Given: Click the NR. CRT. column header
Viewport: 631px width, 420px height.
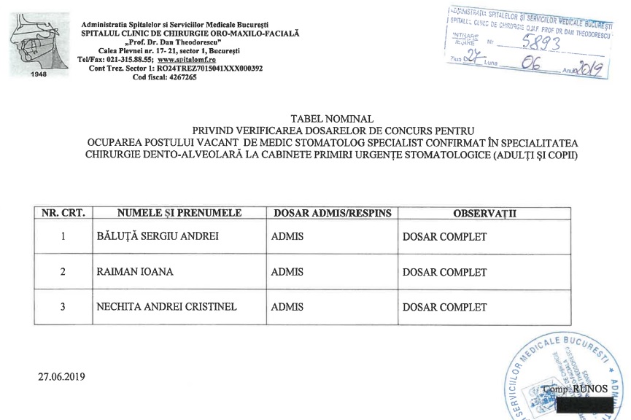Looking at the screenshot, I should click(x=63, y=213).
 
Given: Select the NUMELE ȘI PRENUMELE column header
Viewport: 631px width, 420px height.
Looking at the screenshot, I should click(x=179, y=213).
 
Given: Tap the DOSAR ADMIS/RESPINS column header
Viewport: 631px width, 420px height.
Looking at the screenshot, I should click(x=332, y=213).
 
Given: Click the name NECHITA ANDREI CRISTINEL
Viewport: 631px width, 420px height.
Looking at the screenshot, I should click(x=167, y=307).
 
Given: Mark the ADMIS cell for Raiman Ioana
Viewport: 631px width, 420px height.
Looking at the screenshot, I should click(x=287, y=272).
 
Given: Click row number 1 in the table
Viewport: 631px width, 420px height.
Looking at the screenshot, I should click(x=63, y=237).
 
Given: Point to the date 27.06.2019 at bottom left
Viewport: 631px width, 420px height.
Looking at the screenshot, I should click(x=62, y=377).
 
